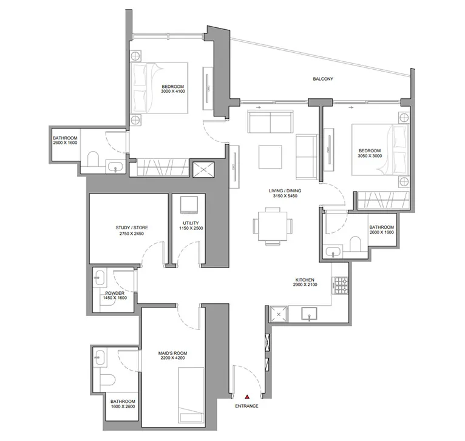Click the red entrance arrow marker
[x=246, y=396]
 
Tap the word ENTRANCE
[x=246, y=406]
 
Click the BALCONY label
[x=323, y=79]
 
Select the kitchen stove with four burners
[x=339, y=283]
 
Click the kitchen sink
[x=310, y=314]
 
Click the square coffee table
[x=270, y=157]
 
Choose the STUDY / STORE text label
[x=132, y=228]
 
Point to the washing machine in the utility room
[x=189, y=204]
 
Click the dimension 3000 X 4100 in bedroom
[x=172, y=91]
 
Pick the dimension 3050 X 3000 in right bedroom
[x=369, y=156]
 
